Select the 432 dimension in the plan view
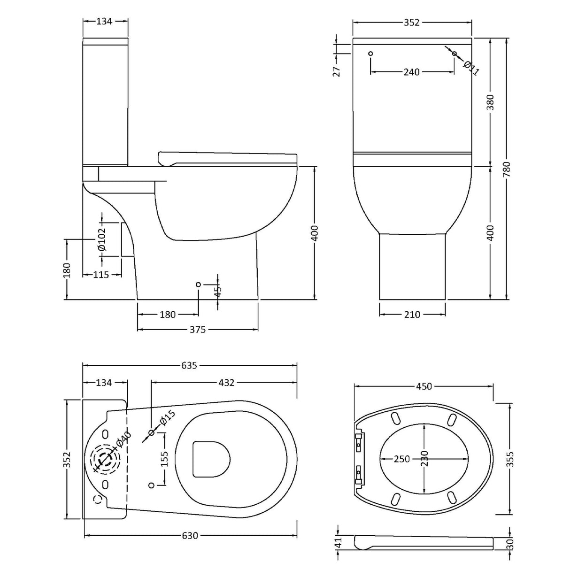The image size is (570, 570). pyautogui.click(x=226, y=383)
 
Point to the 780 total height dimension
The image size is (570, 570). pyautogui.click(x=507, y=169)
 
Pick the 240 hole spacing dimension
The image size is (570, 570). pyautogui.click(x=411, y=72)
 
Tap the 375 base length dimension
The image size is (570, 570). pyautogui.click(x=198, y=330)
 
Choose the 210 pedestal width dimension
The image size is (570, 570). pyautogui.click(x=412, y=315)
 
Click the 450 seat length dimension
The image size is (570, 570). pyautogui.click(x=424, y=386)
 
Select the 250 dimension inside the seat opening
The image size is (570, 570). pyautogui.click(x=402, y=459)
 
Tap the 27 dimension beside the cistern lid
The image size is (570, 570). pyautogui.click(x=336, y=70)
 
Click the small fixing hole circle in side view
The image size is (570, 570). pyautogui.click(x=198, y=284)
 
